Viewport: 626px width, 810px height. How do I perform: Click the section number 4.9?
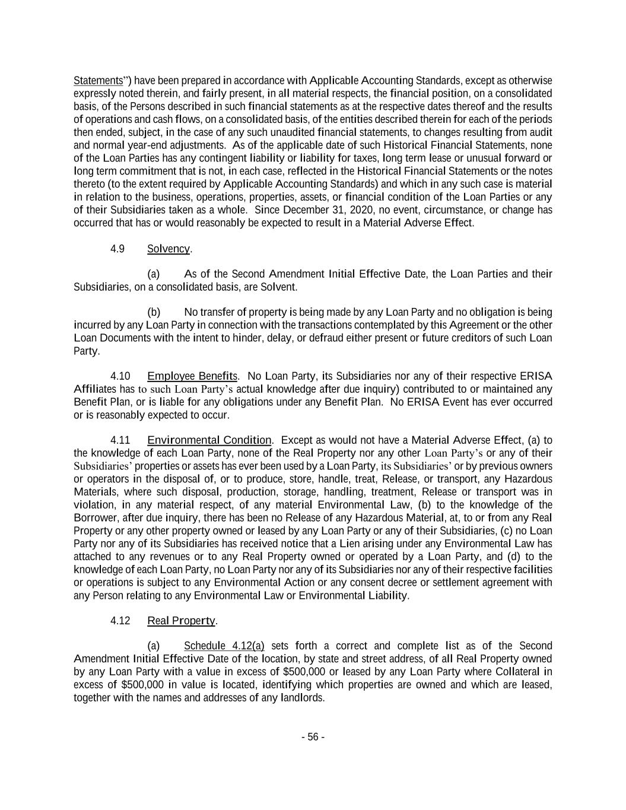pos(117,249)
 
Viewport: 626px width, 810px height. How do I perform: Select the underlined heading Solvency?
pos(168,249)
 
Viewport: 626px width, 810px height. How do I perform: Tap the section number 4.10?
pos(120,376)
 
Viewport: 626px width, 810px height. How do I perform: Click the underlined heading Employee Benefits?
pos(192,376)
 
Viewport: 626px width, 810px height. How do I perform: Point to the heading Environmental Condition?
pos(209,440)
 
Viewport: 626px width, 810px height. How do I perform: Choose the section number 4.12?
pos(120,620)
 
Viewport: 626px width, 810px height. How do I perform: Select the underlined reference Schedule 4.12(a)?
pos(224,646)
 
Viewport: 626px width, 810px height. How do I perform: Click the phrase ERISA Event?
pos(419,402)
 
